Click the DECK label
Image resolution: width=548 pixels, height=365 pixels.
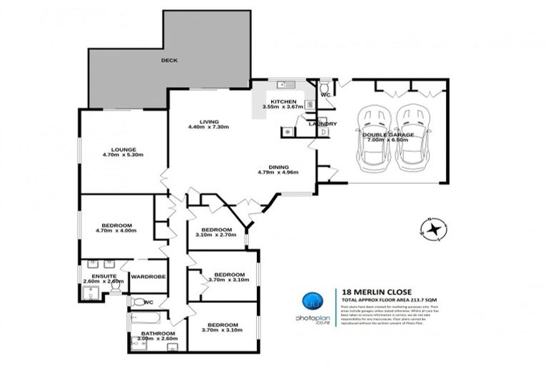[x=168, y=61]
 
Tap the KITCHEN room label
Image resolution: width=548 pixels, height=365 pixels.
[x=283, y=101]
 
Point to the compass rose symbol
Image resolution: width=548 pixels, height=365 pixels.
[x=432, y=230]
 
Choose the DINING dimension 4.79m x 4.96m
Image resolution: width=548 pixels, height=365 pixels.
[x=278, y=172]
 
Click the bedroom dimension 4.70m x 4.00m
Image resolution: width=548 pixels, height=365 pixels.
[x=115, y=230]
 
